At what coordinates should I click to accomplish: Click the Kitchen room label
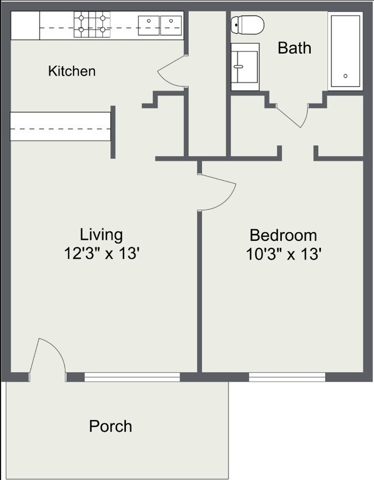[71, 71]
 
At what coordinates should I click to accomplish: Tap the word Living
[101, 235]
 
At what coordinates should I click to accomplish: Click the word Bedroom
[283, 235]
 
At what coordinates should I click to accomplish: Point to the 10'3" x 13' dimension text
[283, 254]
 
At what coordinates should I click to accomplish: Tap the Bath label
[294, 47]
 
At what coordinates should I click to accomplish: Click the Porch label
[110, 426]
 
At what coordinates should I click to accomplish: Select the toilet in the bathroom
[247, 25]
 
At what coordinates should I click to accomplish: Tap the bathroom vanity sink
[245, 66]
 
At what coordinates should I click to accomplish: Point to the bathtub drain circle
[345, 76]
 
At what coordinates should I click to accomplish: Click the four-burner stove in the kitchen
[91, 25]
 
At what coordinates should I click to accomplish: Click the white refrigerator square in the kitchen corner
[25, 25]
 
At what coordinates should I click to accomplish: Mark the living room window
[132, 377]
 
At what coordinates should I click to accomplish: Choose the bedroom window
[287, 377]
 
